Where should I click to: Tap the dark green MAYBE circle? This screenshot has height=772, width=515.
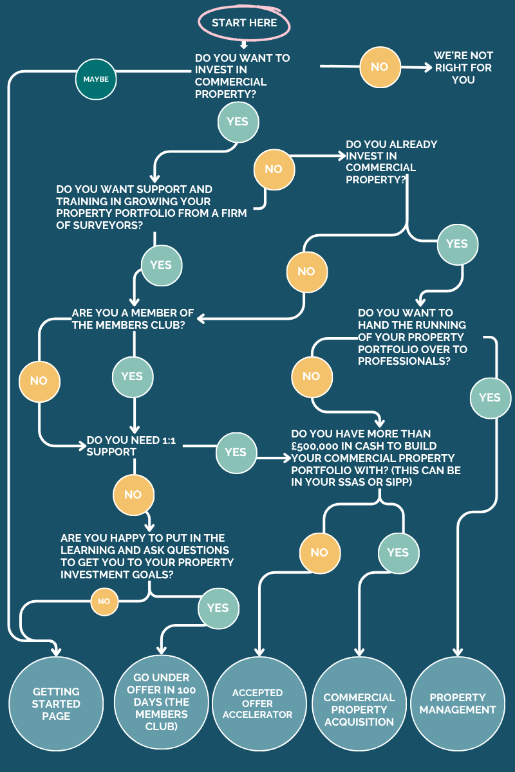pos(96,79)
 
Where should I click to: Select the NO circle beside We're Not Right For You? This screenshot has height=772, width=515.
pos(380,67)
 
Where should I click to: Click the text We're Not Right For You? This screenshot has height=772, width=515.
pos(464,68)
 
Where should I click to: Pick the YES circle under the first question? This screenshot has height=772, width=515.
pos(238,122)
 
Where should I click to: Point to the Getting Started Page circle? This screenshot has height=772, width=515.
pos(56,704)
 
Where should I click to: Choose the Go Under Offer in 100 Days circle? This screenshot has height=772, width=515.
pos(162,702)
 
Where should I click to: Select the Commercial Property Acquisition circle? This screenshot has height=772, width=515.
pos(359,704)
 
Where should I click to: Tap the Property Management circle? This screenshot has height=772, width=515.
pos(458,704)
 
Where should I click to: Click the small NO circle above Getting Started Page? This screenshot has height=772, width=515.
pos(104,602)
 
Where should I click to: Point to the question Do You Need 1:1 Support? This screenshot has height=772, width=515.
pos(131,446)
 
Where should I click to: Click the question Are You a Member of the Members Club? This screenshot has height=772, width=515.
pos(133,319)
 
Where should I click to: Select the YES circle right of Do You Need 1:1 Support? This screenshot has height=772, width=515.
pos(236,453)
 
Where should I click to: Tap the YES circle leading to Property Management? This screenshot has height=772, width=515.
pos(491,398)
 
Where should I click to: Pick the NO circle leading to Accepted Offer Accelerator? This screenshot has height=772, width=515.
pos(320,553)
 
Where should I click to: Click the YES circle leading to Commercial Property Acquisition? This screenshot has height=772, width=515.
pos(398,553)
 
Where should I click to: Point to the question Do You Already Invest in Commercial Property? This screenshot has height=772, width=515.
pos(391,162)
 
